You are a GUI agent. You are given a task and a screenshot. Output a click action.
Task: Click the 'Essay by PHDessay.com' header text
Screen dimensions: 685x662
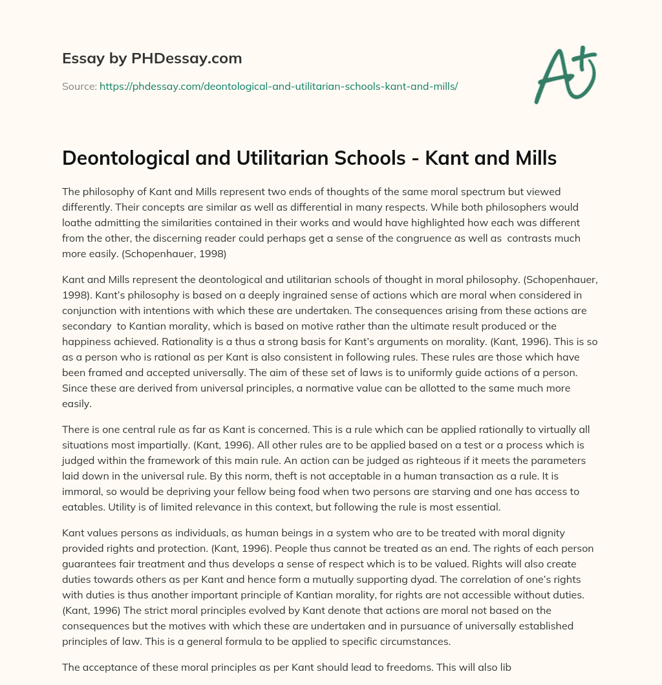click(152, 58)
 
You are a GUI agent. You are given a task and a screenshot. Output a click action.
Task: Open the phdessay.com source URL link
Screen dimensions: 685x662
click(279, 86)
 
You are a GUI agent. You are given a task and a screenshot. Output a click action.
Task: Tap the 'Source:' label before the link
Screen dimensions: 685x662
click(79, 86)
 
